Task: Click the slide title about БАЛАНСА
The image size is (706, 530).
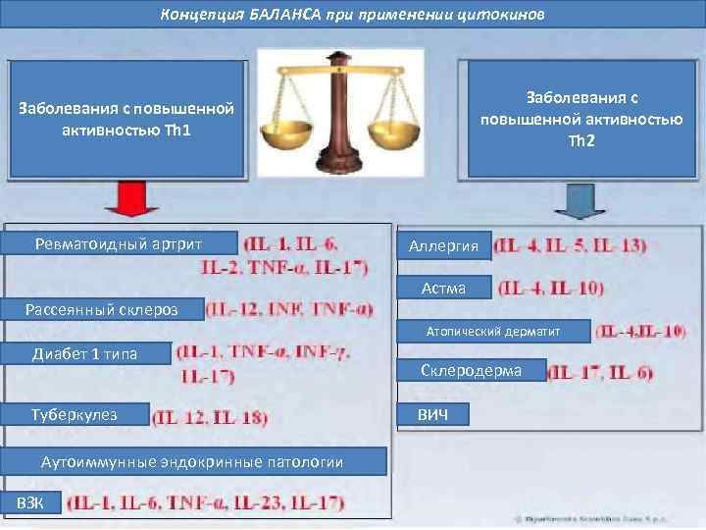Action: click(x=352, y=15)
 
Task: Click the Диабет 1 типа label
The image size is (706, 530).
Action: click(x=87, y=353)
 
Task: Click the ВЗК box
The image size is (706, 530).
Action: click(x=30, y=503)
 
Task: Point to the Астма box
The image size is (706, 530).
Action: click(x=443, y=288)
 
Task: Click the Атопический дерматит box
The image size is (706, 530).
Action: click(x=493, y=332)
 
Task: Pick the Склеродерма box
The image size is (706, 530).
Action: click(x=471, y=370)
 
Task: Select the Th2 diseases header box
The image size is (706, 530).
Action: click(x=581, y=119)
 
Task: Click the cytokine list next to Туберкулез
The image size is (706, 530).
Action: click(x=211, y=417)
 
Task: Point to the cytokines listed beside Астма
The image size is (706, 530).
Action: click(x=551, y=289)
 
